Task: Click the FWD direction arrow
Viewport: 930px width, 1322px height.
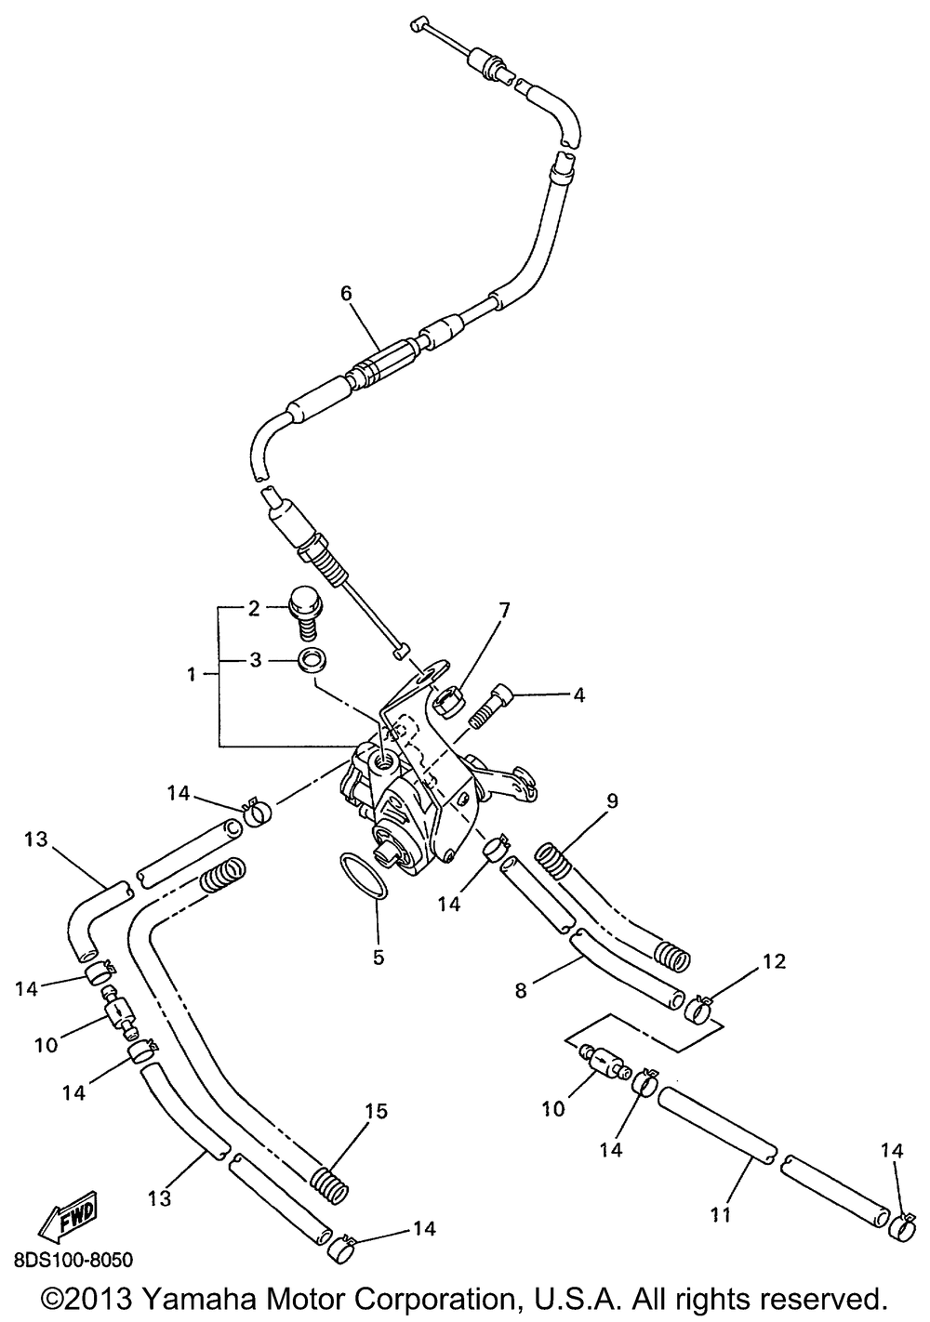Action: (67, 1218)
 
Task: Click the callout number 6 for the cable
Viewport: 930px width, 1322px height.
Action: (346, 293)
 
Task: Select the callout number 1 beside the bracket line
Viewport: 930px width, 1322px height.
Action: (192, 675)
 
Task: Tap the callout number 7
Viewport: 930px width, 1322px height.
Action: (504, 611)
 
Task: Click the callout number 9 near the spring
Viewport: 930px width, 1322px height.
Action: (612, 800)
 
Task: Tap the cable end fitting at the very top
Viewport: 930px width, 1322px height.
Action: (417, 25)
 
